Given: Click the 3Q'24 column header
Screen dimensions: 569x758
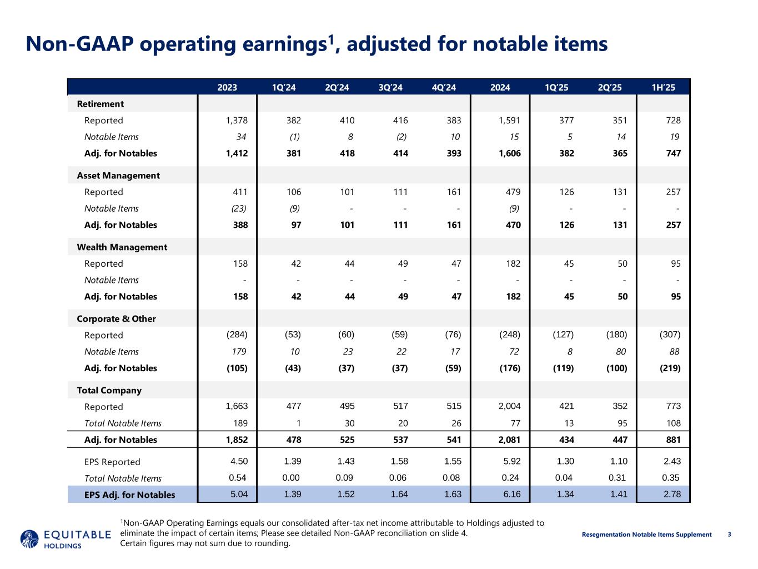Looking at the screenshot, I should [x=390, y=87].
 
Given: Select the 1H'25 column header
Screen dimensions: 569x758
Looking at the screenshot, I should [x=664, y=87].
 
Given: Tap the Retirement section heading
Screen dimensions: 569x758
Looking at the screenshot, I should [x=100, y=104].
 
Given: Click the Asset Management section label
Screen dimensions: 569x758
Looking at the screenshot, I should [x=118, y=176].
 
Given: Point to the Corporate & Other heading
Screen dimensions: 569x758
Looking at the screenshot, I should [x=116, y=319].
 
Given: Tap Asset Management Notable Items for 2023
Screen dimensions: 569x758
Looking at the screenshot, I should [x=238, y=208].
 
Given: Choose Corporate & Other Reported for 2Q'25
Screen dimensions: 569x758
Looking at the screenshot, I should [x=616, y=335].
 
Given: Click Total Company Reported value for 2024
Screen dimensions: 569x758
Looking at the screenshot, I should [x=509, y=407].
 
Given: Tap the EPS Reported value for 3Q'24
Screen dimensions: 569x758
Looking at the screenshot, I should [x=399, y=462].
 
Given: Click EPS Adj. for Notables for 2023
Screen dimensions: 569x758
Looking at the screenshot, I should [x=239, y=495].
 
